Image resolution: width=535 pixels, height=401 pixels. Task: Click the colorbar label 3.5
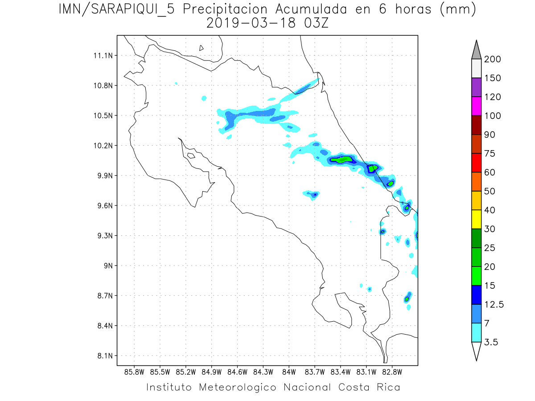(492, 342)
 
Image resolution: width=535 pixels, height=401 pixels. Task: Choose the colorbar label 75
(491, 154)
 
